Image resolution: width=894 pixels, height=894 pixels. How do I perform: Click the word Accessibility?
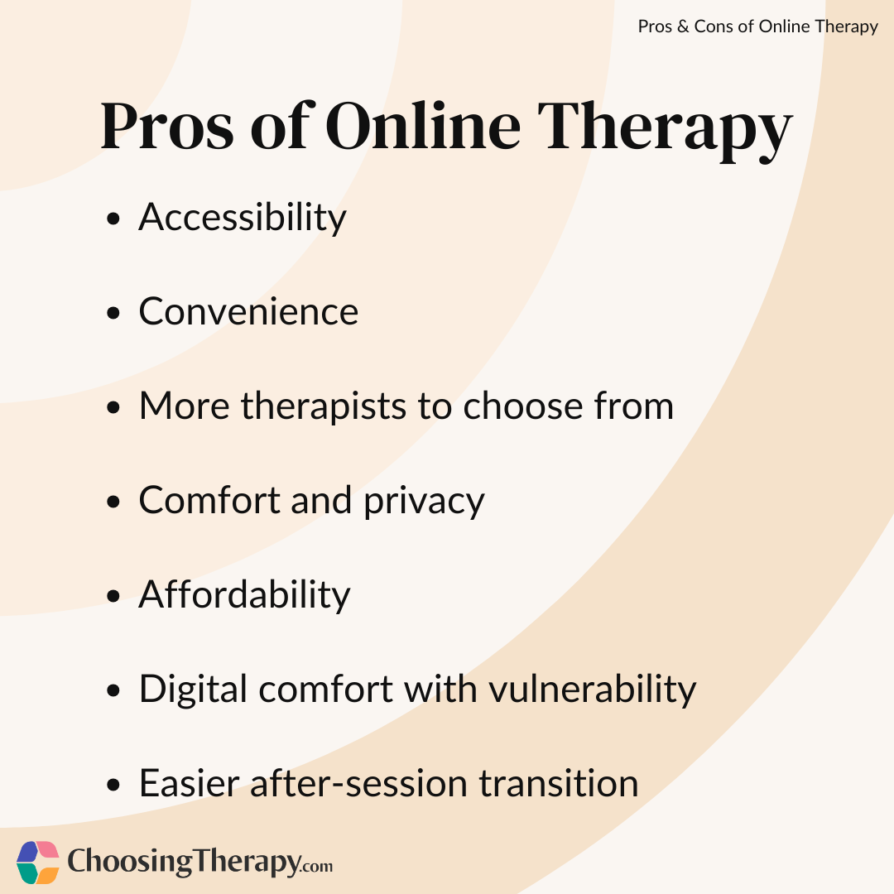[x=243, y=218]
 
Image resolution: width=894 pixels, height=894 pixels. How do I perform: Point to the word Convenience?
[x=248, y=311]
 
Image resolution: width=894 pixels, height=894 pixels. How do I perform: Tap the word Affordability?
[x=245, y=594]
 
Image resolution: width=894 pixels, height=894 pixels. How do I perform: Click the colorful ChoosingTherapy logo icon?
[x=38, y=862]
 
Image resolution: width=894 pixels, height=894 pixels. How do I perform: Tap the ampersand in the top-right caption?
[x=683, y=26]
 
